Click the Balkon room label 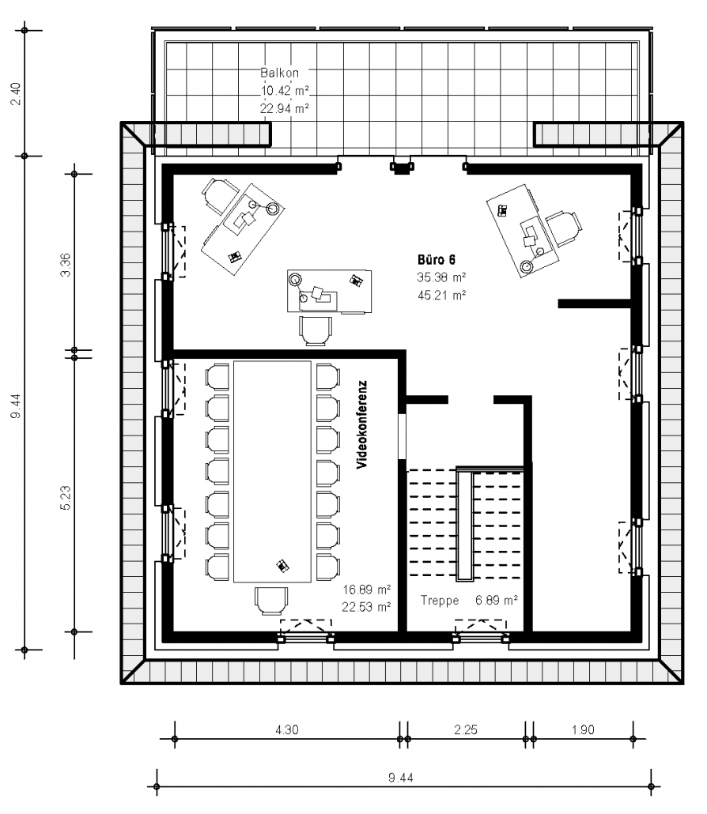click(279, 73)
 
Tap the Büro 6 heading click(437, 259)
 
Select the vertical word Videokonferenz click(362, 424)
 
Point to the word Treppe click(440, 601)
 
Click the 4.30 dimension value click(287, 730)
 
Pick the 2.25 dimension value click(466, 730)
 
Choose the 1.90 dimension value click(583, 730)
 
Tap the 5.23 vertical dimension click(66, 499)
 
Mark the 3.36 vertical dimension click(66, 265)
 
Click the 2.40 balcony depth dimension click(16, 93)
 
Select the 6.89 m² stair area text click(497, 600)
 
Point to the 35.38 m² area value click(441, 277)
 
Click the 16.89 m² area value click(367, 590)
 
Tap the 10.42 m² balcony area click(285, 91)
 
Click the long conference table click(272, 471)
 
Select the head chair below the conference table click(271, 601)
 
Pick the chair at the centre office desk click(316, 330)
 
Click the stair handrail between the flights click(464, 523)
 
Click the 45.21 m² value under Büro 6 click(441, 296)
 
